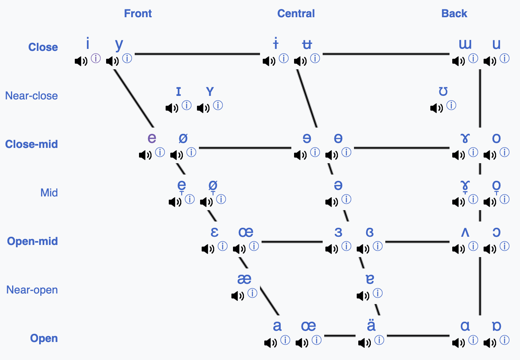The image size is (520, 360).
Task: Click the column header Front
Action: [x=138, y=14]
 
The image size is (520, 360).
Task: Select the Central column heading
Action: [x=296, y=14]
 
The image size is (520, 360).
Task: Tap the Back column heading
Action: [x=454, y=14]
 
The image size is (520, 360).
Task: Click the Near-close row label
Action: [x=31, y=96]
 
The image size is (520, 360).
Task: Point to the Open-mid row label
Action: [x=32, y=241]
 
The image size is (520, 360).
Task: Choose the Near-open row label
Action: [x=32, y=290]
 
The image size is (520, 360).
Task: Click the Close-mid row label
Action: [x=31, y=144]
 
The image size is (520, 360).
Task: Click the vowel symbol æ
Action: [x=244, y=279]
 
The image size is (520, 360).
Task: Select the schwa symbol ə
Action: [x=338, y=185]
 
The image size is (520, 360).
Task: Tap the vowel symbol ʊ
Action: [x=443, y=92]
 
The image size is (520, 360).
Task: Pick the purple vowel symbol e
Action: [x=152, y=138]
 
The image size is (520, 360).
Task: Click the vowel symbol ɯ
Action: [x=465, y=44]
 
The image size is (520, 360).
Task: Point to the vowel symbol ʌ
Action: [x=465, y=232]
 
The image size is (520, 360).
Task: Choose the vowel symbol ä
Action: [x=371, y=326]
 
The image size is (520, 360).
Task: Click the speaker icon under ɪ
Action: [x=172, y=108]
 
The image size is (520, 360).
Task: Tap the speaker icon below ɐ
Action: [x=363, y=296]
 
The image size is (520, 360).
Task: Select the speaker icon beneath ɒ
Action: [x=490, y=343]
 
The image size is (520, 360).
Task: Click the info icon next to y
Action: [x=127, y=59]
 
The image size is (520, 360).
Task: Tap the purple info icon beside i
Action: [x=96, y=59]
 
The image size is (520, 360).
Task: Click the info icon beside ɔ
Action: [x=505, y=246]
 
